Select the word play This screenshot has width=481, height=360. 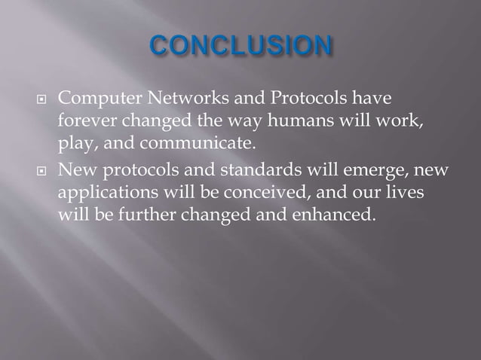tap(73, 142)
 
